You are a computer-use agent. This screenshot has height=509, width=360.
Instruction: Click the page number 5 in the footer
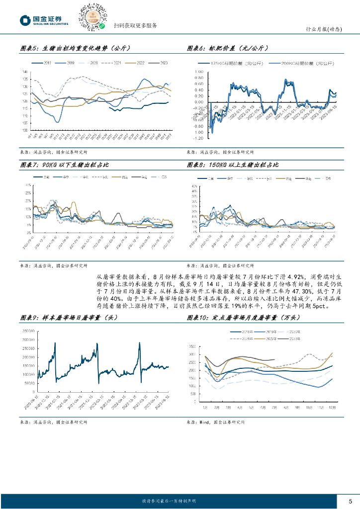(x=351, y=501)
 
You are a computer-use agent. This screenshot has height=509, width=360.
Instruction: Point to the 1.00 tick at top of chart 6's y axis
(x=198, y=72)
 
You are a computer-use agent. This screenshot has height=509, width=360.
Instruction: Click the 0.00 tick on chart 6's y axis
(x=198, y=102)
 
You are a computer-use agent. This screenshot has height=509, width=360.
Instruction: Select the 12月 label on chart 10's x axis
(x=331, y=407)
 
